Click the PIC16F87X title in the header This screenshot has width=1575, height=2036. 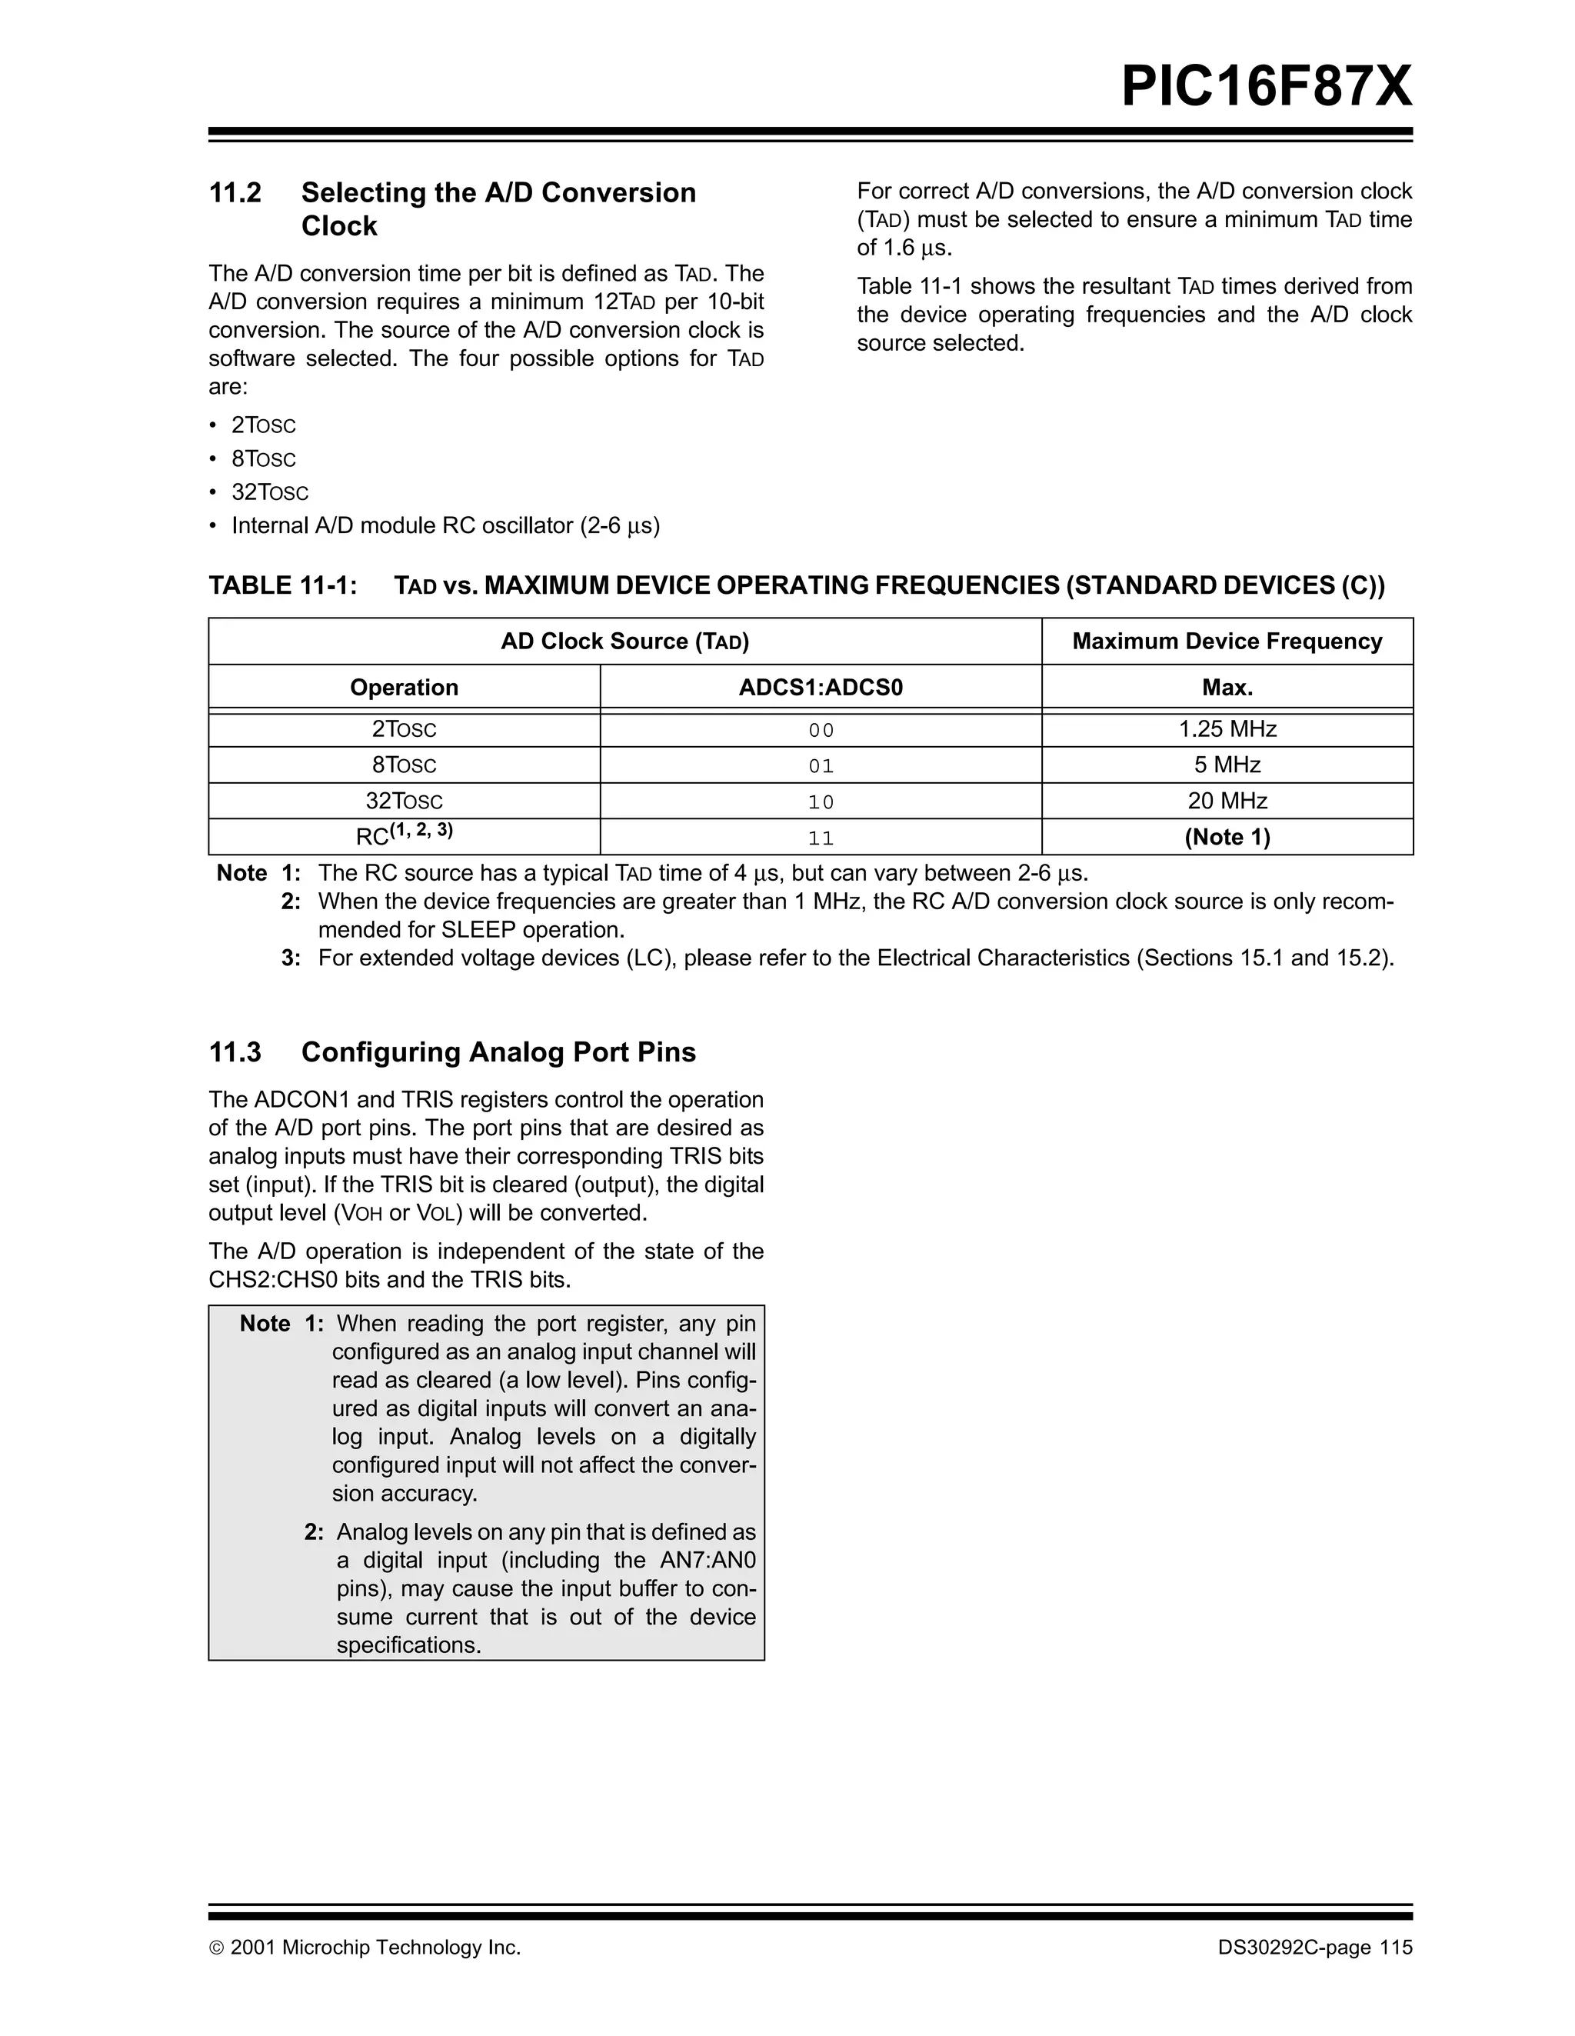point(1266,88)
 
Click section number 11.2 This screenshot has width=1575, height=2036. point(235,193)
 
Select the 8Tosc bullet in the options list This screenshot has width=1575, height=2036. point(263,458)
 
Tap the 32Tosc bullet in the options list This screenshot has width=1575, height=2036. point(269,492)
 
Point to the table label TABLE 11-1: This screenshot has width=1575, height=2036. point(282,585)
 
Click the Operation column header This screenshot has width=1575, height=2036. point(404,688)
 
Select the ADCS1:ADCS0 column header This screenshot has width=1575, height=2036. point(820,688)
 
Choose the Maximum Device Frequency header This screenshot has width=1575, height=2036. point(1227,641)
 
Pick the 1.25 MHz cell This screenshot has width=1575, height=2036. point(1227,729)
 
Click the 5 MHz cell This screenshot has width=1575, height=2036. point(1227,765)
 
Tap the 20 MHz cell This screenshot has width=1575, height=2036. point(1227,801)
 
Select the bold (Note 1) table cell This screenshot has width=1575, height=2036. point(1227,837)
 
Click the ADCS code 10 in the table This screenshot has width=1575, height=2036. point(820,801)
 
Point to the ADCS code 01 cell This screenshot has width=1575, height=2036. point(820,766)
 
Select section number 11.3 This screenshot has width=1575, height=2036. point(235,1052)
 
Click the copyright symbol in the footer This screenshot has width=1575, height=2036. point(216,1948)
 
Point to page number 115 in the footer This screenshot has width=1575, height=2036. point(1396,1948)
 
